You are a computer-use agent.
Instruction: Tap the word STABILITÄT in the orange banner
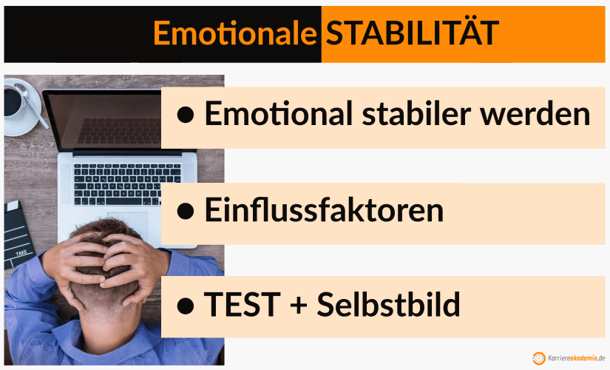tap(413, 33)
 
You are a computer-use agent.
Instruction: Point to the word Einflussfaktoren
tap(324, 211)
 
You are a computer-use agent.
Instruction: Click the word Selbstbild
tap(388, 304)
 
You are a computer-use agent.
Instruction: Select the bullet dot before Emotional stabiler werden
tap(186, 116)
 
